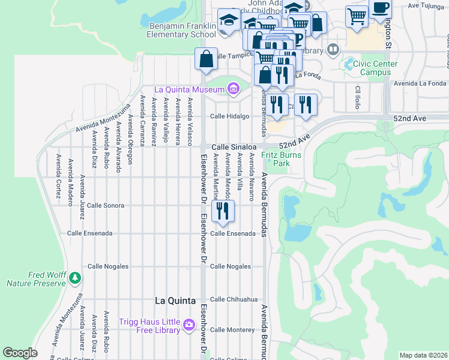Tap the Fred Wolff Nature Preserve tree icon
(74, 277)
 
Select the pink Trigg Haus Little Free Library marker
(190, 325)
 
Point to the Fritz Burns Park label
(276, 159)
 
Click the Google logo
(20, 353)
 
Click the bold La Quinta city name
(175, 300)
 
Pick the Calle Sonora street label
(105, 205)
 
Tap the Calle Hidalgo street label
(229, 116)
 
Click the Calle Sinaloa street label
(234, 146)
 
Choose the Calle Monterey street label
(232, 329)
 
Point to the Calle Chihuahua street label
(234, 299)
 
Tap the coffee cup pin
(380, 9)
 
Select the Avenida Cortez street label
(58, 172)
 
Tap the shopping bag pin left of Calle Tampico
(206, 59)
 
